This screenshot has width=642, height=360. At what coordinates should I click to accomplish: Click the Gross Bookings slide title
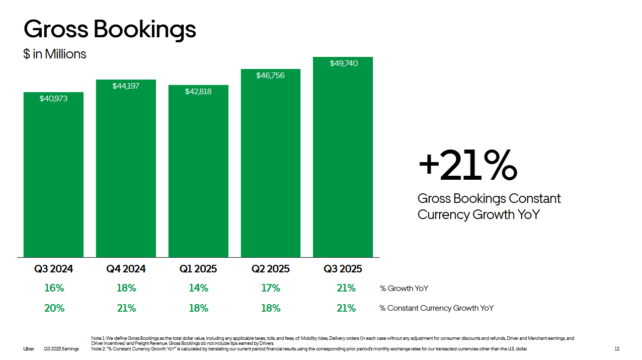[x=110, y=29]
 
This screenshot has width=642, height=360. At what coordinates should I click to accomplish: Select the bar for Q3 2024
[x=53, y=176]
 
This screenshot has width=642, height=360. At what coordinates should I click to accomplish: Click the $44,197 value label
[x=126, y=86]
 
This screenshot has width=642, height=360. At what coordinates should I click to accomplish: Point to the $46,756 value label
[x=270, y=76]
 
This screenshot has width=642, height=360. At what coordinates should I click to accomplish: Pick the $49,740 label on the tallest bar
[x=344, y=63]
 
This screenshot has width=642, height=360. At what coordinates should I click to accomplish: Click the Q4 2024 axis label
[x=126, y=269]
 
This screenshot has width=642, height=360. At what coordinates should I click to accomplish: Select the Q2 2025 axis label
[x=270, y=269]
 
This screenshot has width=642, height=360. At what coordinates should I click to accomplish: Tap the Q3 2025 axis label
[x=343, y=269]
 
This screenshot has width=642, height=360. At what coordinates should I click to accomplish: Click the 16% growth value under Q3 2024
[x=54, y=288]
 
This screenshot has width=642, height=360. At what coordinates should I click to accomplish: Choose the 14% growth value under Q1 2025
[x=198, y=288]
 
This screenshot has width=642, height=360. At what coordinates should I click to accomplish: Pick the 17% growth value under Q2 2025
[x=270, y=288]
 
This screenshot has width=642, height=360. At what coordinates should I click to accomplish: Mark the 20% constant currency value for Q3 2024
[x=54, y=308]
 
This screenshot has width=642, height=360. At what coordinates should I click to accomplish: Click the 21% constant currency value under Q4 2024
[x=126, y=308]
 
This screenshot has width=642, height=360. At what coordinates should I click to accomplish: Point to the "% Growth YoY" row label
[x=404, y=289]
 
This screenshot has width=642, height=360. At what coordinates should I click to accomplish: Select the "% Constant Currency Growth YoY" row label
[x=436, y=308]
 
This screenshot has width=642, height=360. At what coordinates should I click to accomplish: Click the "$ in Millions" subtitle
[x=55, y=54]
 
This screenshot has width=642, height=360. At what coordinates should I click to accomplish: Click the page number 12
[x=617, y=349]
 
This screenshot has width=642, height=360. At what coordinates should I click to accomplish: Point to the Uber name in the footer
[x=29, y=349]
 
